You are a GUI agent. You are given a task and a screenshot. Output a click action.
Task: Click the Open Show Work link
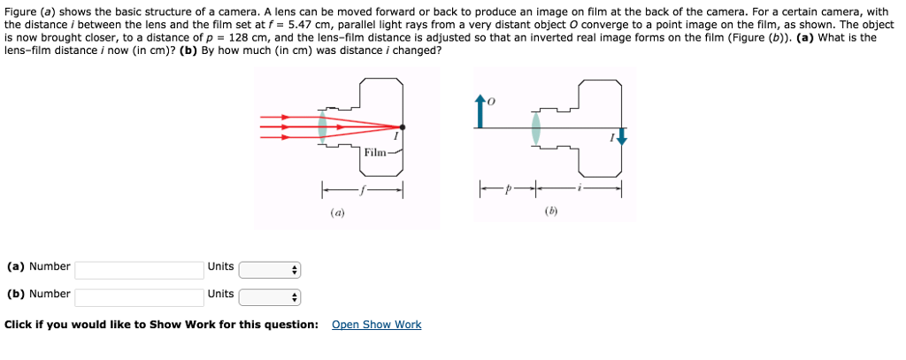pos(376,325)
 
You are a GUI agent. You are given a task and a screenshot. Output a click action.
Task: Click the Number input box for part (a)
pos(139,269)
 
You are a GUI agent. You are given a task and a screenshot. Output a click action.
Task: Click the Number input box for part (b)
pos(139,296)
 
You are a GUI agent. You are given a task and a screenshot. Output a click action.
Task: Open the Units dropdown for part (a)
pos(270,270)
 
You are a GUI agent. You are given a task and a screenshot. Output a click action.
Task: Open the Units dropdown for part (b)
pos(270,297)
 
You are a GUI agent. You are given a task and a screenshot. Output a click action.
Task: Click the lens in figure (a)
pos(322,126)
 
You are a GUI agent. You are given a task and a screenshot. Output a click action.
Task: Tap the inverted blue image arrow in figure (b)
pos(621,137)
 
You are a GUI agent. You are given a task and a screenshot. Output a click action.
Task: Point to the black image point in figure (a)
pos(403,126)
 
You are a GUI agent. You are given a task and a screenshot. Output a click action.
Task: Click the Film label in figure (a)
pos(375,153)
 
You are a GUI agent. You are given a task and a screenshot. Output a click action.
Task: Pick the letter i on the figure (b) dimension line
pos(580,188)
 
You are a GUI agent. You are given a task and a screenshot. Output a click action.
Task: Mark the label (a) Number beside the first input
pos(38,266)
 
